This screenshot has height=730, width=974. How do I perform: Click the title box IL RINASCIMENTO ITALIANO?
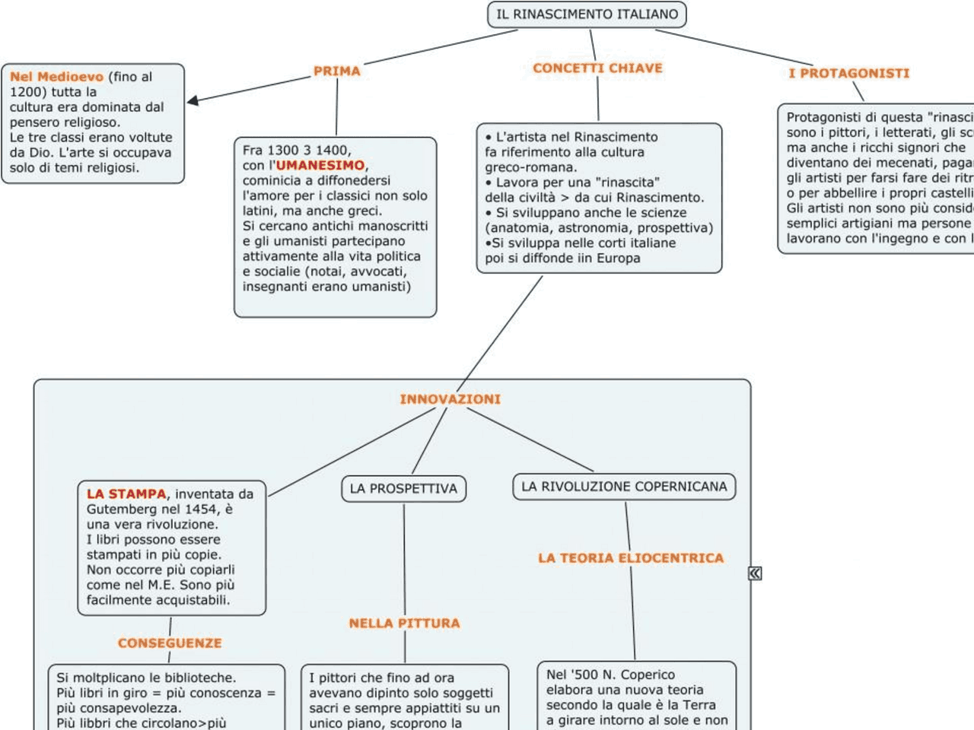587,14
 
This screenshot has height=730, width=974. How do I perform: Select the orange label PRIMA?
336,71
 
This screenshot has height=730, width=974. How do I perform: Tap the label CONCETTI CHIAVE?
597,68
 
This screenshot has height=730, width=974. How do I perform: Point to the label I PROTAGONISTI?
848,73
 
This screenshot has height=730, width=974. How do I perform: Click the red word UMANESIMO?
320,165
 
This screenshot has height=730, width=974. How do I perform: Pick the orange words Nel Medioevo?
56,77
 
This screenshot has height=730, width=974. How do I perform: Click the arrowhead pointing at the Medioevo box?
193,100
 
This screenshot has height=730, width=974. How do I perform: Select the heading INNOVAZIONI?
450,399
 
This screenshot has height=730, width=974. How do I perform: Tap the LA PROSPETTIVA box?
403,488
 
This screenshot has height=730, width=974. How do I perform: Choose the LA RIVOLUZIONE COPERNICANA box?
624,487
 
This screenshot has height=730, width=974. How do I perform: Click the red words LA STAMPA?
126,494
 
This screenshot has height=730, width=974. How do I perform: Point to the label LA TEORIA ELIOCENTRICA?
631,558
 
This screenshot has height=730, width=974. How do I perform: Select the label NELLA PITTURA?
404,624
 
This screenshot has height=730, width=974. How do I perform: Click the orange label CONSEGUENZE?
170,643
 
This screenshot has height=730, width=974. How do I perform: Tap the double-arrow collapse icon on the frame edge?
755,573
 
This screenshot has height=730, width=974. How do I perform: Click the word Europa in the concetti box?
619,258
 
